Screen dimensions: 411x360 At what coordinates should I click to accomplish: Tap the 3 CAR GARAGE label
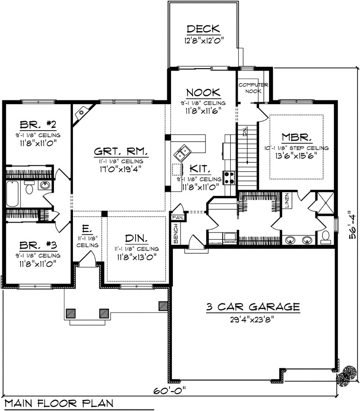(x=252, y=307)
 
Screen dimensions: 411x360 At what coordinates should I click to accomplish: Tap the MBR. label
(x=297, y=137)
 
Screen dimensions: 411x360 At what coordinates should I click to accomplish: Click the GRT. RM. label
(x=120, y=152)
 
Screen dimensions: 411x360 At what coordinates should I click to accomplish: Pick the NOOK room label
(x=203, y=92)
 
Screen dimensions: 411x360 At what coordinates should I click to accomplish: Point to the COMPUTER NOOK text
(x=253, y=88)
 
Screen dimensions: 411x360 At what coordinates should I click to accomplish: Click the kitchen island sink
(x=182, y=153)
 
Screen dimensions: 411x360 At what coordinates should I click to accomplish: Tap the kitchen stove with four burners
(x=229, y=178)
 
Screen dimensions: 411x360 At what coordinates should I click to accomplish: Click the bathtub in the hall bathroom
(x=13, y=194)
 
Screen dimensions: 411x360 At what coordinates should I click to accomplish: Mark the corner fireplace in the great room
(x=82, y=114)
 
